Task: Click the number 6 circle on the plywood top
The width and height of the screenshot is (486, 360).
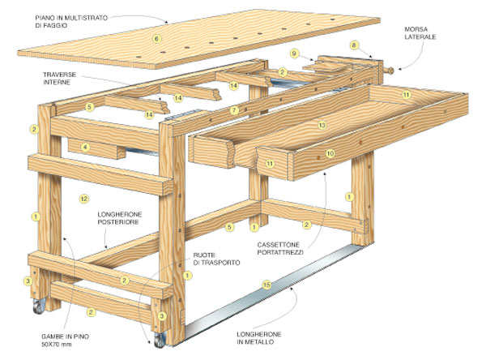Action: tap(157, 39)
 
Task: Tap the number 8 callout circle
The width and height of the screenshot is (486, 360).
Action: tap(354, 45)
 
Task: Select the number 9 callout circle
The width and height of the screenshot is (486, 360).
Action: tap(294, 54)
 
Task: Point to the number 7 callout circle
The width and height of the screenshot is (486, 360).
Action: tap(234, 109)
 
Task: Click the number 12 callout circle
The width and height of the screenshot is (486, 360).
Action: tap(84, 199)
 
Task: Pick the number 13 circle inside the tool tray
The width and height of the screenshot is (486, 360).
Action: tap(322, 125)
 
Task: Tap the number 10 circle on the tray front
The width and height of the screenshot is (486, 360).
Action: tap(330, 153)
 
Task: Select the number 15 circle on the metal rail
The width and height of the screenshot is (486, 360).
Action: tap(266, 285)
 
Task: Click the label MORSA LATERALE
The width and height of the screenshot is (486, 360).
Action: tap(420, 33)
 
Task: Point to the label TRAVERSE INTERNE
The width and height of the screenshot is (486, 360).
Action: tap(59, 78)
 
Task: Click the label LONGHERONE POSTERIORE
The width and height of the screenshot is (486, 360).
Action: tap(120, 218)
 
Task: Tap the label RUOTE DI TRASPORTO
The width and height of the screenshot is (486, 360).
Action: tap(216, 259)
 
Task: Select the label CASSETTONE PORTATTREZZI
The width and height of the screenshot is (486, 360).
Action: tap(280, 248)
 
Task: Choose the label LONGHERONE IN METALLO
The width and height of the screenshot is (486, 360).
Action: tap(259, 338)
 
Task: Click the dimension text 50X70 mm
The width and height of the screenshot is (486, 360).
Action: tap(57, 344)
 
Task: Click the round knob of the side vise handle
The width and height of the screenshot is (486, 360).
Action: tap(391, 71)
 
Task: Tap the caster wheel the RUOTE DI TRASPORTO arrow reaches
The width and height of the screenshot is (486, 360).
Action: tap(159, 341)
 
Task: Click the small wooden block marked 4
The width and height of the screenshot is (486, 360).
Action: tap(96, 148)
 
